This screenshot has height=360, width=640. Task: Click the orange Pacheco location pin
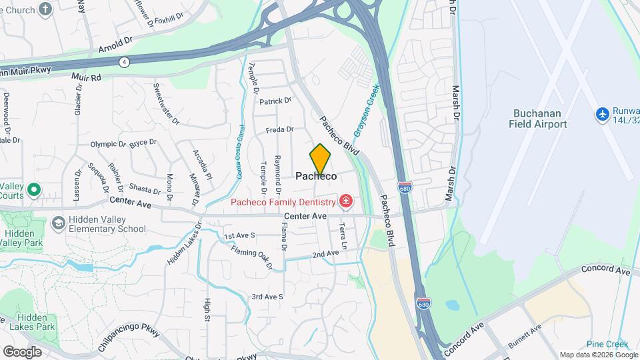[320, 159]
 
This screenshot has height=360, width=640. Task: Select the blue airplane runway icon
[603, 114]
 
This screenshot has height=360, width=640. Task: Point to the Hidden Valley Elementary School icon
[59, 222]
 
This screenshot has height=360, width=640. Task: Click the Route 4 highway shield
[124, 62]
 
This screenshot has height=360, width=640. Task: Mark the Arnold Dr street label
[115, 44]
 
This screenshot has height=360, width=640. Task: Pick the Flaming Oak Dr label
[252, 259]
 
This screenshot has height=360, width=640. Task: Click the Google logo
[22, 351]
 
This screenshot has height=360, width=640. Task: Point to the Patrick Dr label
[275, 101]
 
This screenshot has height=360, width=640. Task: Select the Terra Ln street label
[343, 235]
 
